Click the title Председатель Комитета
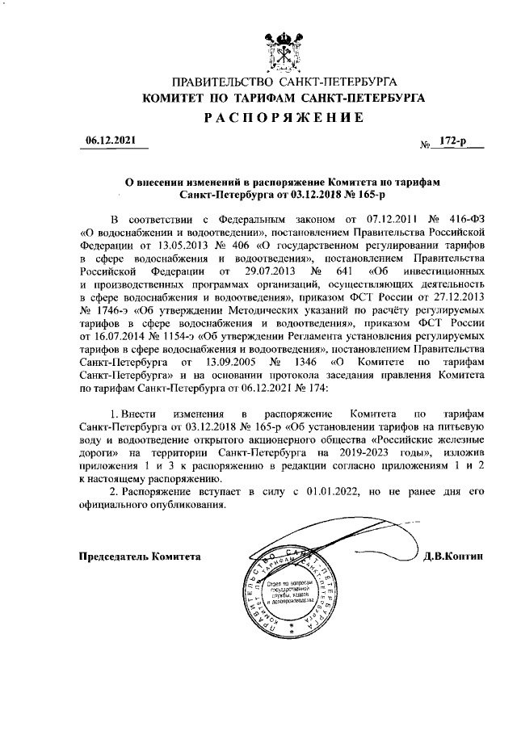[x=140, y=557]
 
